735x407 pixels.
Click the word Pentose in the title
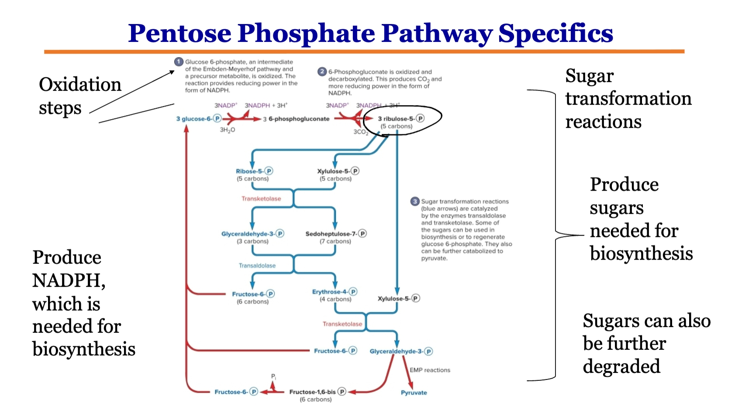[179, 33]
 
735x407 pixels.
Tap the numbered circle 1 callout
[179, 62]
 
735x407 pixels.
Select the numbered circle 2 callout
[322, 72]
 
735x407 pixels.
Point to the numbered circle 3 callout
[415, 202]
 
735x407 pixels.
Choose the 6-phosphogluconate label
[299, 119]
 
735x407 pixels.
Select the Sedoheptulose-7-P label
[335, 234]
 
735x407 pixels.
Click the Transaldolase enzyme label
[257, 265]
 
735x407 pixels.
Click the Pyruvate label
[414, 393]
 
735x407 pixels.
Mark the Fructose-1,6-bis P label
[317, 392]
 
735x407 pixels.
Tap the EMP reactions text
[430, 370]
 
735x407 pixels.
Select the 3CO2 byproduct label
[361, 132]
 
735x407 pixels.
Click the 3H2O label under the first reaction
[228, 130]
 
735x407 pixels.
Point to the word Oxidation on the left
[80, 85]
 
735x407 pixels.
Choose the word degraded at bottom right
[621, 366]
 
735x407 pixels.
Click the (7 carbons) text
[335, 241]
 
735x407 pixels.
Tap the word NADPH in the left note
[68, 280]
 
